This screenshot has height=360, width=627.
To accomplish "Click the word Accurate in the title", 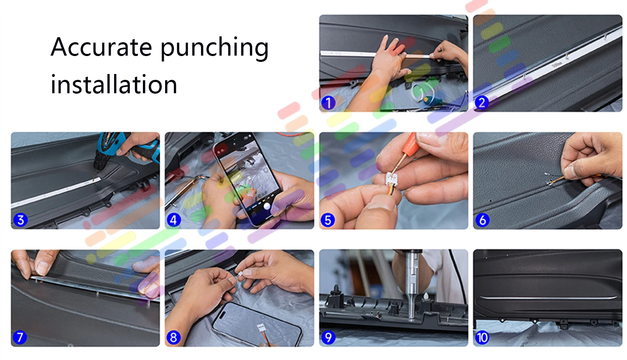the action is point(101,47).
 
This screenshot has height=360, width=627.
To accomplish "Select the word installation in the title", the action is point(114,84).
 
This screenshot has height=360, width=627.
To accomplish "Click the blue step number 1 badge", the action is point(328,103).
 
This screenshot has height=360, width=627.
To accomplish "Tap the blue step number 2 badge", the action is point(482,103).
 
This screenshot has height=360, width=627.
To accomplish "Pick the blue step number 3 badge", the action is point(20,220).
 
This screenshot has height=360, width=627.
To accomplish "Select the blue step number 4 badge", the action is point(173,220).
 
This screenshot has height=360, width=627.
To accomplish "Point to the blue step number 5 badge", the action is point(328,220).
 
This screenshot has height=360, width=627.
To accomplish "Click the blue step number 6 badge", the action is point(482,220).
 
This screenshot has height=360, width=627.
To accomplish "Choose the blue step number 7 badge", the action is point(20,337).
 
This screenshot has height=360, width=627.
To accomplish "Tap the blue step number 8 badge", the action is point(173,337).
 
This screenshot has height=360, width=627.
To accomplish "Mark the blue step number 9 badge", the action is point(328,337).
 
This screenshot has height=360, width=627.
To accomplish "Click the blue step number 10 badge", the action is point(482,337).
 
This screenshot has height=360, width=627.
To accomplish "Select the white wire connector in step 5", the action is point(392,179).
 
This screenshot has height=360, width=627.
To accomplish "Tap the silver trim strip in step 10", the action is point(548,298).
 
